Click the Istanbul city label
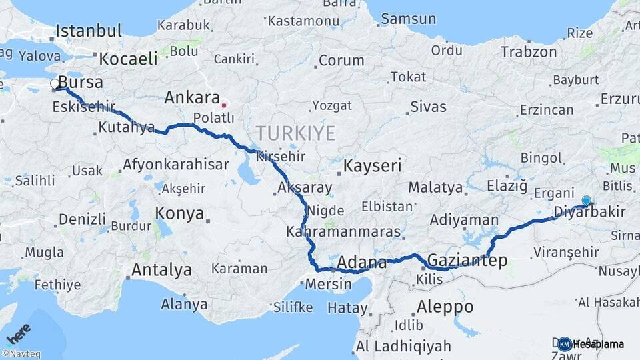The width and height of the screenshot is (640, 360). click(89, 31)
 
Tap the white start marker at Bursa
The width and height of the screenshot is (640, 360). click(55, 84)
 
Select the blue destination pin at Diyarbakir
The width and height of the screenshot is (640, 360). click(586, 201)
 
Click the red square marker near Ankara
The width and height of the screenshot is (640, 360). click(224, 105)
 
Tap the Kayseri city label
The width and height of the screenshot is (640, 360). click(372, 165)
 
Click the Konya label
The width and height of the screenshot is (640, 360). click(179, 213)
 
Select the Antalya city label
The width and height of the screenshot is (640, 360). click(161, 270)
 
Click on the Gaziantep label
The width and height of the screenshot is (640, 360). click(467, 260)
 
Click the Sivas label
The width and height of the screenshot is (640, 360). click(428, 106)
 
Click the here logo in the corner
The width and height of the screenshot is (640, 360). click(19, 333)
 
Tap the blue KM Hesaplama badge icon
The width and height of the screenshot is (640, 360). click(565, 344)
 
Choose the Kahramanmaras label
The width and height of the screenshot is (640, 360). click(343, 233)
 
